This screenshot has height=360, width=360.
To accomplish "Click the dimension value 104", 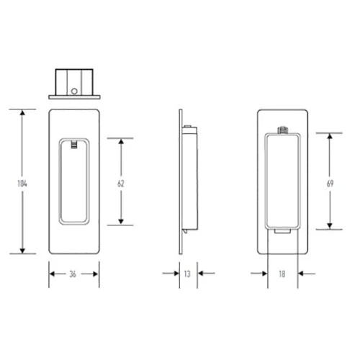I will click(x=22, y=184).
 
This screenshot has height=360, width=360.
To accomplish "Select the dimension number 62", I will click(x=121, y=184).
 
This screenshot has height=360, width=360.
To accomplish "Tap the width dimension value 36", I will click(x=74, y=274).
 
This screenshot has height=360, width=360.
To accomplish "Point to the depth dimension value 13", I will click(x=188, y=274).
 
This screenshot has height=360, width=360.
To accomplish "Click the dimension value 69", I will click(x=330, y=184).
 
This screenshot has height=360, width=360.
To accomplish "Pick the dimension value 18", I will click(x=283, y=274).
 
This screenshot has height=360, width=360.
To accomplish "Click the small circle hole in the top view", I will click(x=74, y=91).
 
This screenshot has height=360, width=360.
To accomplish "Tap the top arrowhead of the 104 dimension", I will click(x=22, y=113).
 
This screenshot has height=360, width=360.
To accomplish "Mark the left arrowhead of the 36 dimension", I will click(x=53, y=274).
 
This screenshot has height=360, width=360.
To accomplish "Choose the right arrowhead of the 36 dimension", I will click(x=96, y=274).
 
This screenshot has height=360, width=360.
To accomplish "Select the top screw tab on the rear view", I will click(x=283, y=130).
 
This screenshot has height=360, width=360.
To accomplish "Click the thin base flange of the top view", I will click(x=74, y=96).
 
